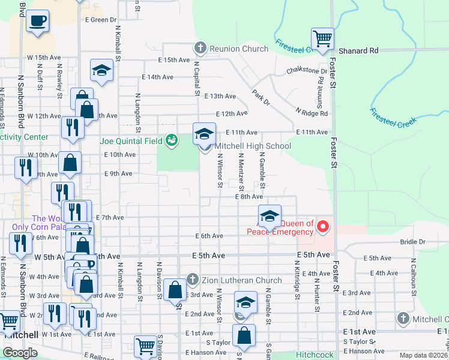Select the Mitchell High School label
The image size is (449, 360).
tap(253, 146)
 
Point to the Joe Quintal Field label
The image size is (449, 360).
tap(132, 142)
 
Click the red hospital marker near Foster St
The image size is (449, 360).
tap(323, 226)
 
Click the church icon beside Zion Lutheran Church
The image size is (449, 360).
tap(192, 280)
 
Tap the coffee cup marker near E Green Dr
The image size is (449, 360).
tap(37, 21)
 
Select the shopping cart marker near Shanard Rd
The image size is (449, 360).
tap(323, 39)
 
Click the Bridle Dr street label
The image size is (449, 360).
tap(413, 242)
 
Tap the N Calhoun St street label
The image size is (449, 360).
tap(413, 277)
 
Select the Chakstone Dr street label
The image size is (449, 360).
tap(307, 71)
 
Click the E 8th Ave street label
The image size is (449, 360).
tap(249, 196)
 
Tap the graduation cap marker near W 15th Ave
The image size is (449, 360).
tap(102, 70)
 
